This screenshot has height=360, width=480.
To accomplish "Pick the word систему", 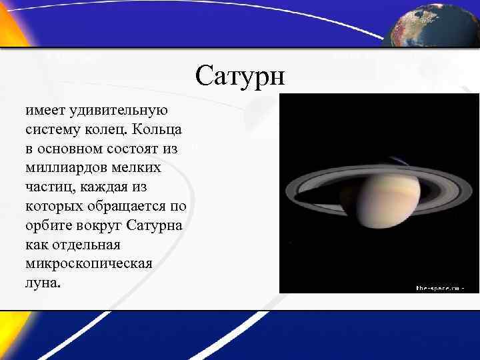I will pyautogui.click(x=54, y=128).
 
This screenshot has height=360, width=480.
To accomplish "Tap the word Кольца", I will pyautogui.click(x=159, y=128).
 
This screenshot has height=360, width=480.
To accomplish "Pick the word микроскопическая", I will pyautogui.click(x=89, y=263).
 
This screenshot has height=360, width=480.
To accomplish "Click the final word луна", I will pyautogui.click(x=42, y=283).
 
